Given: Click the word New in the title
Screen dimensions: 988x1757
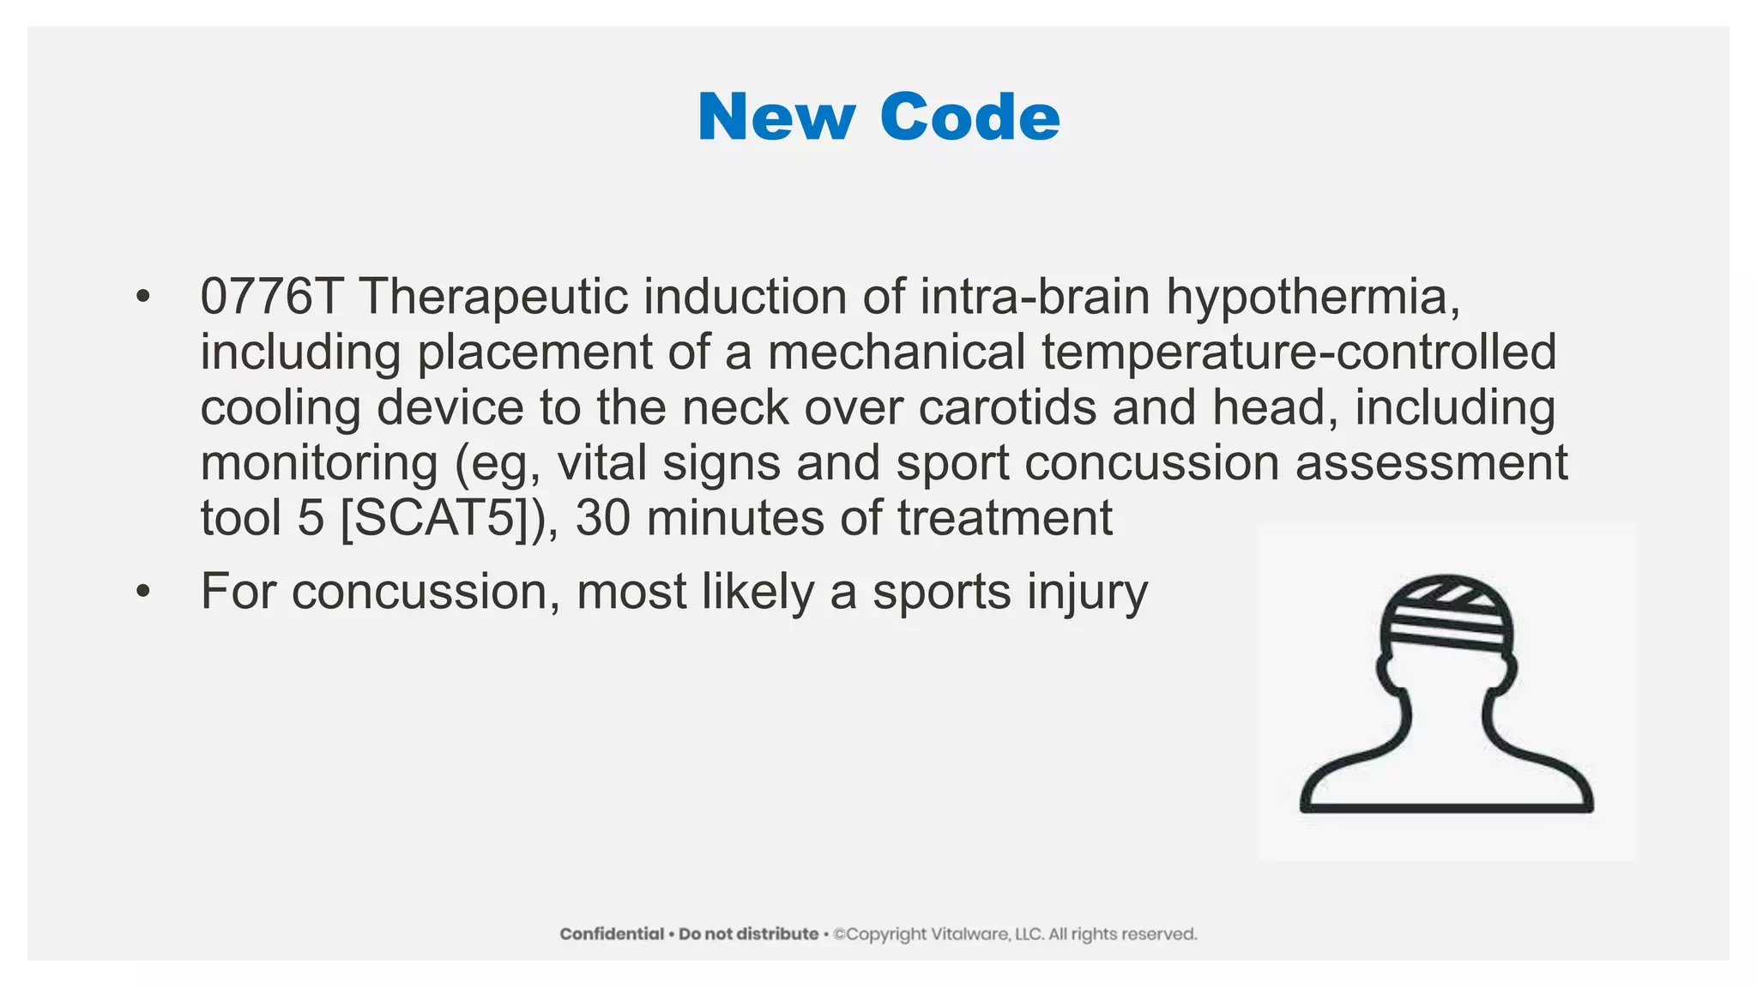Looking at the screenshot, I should tap(776, 117).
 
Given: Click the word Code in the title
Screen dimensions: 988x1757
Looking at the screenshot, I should tap(970, 117).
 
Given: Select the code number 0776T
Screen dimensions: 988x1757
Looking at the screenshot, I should tap(271, 297).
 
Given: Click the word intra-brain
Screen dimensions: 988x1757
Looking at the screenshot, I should tap(1035, 297).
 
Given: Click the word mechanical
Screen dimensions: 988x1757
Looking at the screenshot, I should tap(897, 352).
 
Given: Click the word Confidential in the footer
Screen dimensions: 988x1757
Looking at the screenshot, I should tap(612, 934).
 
